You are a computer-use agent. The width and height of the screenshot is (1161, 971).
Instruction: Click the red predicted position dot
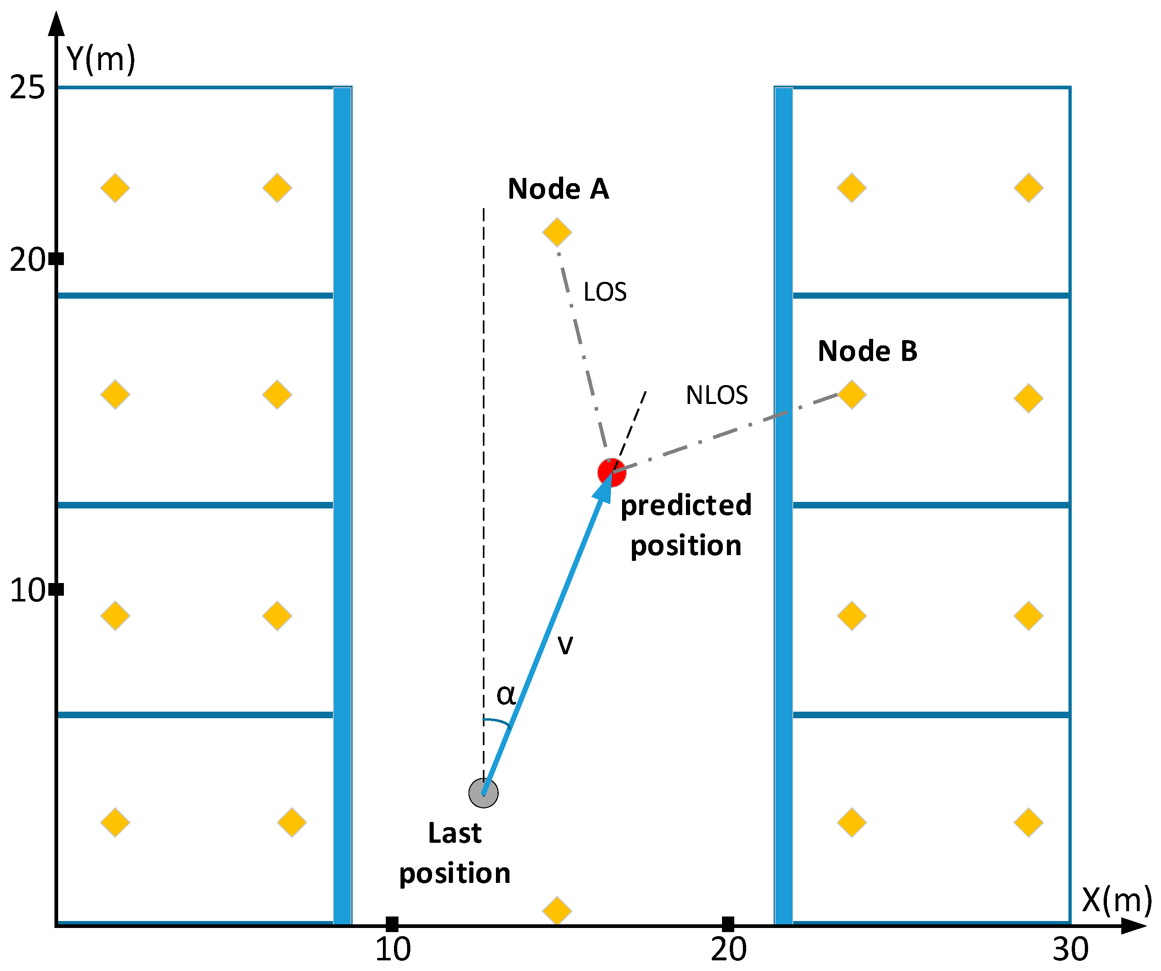point(611,473)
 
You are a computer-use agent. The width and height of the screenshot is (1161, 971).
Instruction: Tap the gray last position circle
point(483,793)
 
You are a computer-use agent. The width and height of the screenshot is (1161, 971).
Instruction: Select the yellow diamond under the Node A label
point(557,232)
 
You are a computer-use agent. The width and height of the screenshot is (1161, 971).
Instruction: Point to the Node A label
point(559,189)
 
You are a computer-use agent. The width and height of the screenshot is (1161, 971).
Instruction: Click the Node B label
point(867,351)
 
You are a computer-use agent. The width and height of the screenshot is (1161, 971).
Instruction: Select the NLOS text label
point(717,395)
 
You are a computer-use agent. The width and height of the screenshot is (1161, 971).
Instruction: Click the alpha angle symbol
point(506,694)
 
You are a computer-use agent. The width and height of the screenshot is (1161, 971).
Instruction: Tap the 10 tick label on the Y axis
point(27,590)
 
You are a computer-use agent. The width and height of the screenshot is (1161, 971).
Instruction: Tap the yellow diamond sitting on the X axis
point(557,911)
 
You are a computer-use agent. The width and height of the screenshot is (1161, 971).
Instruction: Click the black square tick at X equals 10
point(392,924)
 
